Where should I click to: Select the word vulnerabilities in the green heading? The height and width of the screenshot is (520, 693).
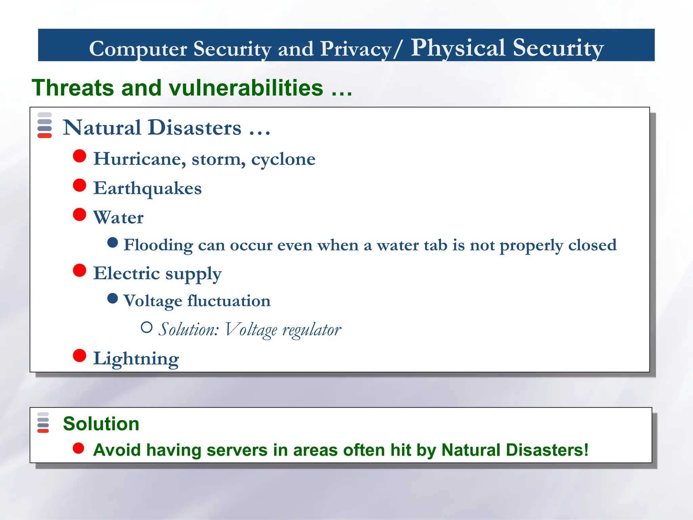pos(246,88)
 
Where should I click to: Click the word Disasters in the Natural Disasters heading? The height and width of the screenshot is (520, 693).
pos(195,128)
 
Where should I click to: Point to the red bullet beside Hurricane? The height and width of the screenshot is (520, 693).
pos(80,156)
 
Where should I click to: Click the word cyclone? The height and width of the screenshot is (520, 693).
pos(283,159)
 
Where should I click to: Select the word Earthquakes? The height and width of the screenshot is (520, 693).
pos(147,188)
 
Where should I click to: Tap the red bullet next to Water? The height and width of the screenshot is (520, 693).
pos(80,214)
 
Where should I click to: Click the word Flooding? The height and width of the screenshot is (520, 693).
pos(158,245)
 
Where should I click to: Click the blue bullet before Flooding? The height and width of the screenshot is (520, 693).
pos(112,242)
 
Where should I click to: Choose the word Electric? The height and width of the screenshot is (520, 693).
pos(126,273)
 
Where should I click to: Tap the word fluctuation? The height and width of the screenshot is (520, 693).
pos(229,301)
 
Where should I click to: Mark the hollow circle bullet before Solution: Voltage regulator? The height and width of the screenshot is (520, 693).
pos(147,327)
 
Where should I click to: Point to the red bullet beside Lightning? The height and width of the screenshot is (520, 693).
pos(80,355)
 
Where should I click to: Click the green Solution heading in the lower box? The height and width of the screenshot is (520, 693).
pos(101,424)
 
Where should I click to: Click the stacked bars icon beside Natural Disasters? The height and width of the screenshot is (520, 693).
pos(45,125)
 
